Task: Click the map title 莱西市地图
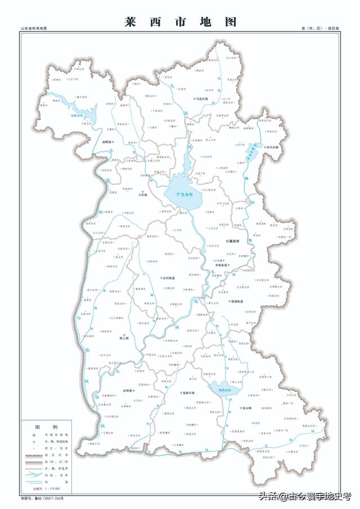click(180, 22)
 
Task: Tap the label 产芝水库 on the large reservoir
click(184, 194)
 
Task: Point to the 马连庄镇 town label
click(201, 98)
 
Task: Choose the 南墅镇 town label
click(107, 142)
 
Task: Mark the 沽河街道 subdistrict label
click(168, 278)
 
